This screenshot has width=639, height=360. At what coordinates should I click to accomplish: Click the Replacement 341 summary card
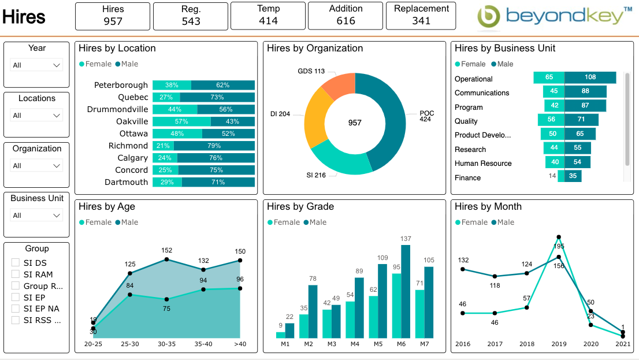[x=421, y=16]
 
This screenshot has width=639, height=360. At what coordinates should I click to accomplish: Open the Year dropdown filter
[x=37, y=65]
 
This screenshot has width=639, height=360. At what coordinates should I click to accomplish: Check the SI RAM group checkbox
[x=16, y=274]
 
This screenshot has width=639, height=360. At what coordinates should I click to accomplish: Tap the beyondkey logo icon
[x=489, y=17]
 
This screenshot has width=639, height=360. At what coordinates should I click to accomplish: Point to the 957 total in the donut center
[x=355, y=123]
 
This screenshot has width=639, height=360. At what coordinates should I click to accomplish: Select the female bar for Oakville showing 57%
[x=181, y=121]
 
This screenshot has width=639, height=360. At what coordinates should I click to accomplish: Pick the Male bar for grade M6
[x=406, y=291]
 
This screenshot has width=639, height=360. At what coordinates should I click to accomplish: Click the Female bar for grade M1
[x=281, y=335]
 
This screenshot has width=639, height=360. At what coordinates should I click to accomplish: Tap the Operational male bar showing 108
[x=590, y=77]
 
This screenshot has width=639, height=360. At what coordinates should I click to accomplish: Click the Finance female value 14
[x=552, y=176]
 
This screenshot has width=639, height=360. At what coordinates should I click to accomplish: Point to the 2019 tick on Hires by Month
[x=558, y=344]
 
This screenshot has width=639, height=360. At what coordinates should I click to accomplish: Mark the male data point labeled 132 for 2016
[x=463, y=269]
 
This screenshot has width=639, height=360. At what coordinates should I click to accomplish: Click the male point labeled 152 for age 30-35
[x=167, y=259]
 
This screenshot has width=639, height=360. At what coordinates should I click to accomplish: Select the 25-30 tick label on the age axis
[x=130, y=344]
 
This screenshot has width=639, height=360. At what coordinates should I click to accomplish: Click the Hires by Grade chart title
[x=300, y=207]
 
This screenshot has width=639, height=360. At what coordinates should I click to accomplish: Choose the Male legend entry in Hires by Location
[x=127, y=64]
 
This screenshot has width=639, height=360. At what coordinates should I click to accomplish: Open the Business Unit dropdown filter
[x=37, y=216]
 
